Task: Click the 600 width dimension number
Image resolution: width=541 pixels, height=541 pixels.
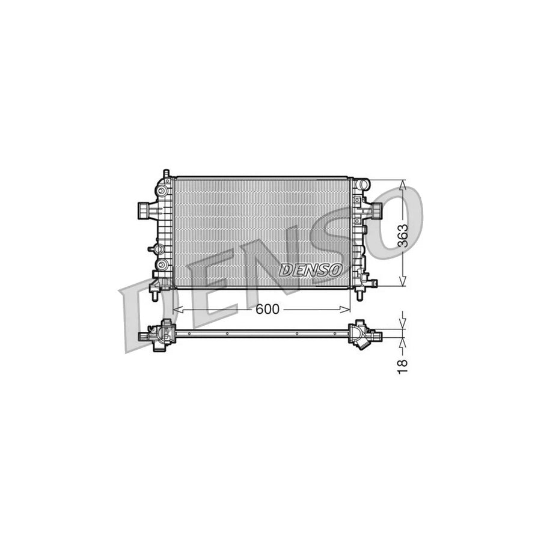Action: tap(267, 309)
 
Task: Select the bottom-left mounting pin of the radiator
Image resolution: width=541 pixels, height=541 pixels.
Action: tap(155, 296)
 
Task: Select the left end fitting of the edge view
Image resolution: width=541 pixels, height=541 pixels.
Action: tap(157, 334)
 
